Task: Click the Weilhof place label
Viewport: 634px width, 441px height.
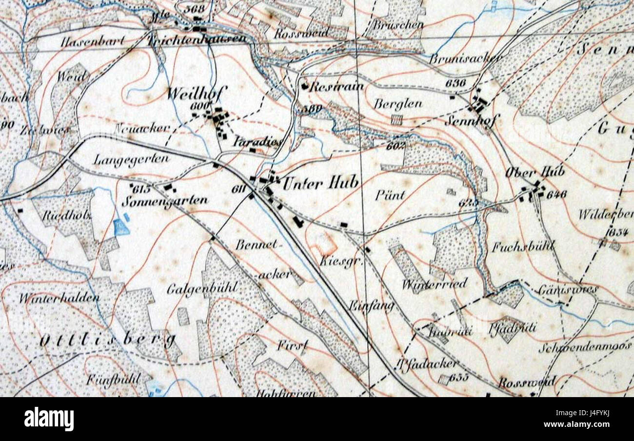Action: point(188,94)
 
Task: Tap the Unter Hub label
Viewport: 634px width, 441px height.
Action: point(320,183)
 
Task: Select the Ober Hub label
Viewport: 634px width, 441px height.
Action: point(535,172)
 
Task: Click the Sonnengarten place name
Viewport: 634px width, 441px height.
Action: point(165,200)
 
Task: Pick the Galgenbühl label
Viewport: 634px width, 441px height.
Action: point(198,289)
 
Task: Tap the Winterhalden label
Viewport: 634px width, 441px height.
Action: point(59,298)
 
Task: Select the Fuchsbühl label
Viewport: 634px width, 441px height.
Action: point(522,246)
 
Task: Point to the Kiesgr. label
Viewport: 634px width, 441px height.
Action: point(336,261)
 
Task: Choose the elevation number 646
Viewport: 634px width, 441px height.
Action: point(556,195)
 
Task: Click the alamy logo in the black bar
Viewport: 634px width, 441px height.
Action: point(49,419)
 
